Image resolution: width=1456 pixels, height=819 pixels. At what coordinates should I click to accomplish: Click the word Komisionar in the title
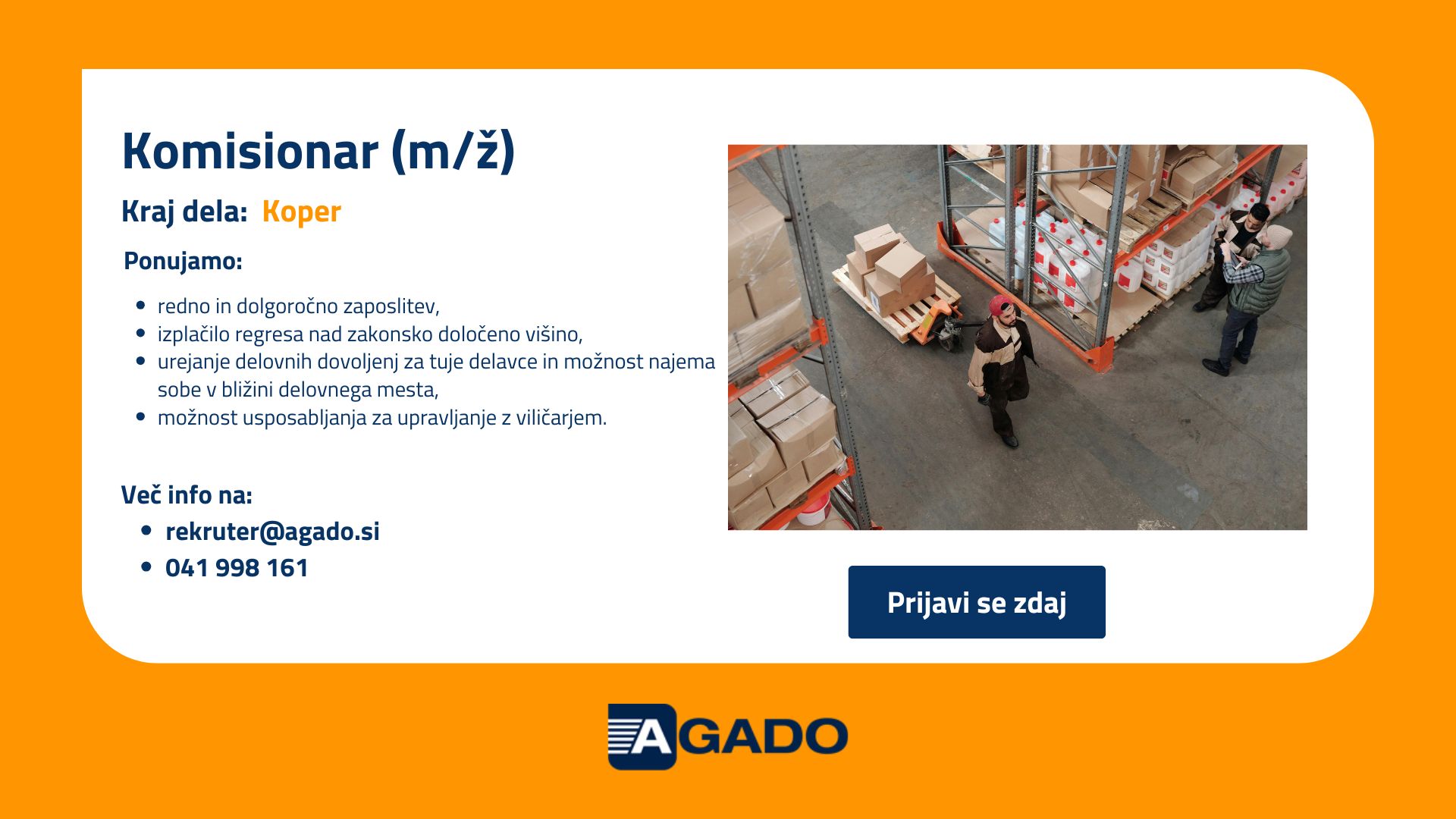point(249,151)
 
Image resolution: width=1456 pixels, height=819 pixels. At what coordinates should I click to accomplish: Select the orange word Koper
point(301,212)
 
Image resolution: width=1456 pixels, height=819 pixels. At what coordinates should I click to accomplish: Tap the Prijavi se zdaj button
point(977,602)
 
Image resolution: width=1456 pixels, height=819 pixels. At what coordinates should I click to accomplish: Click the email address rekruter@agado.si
point(272,531)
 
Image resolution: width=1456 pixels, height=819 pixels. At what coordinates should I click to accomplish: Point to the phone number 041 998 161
point(237,568)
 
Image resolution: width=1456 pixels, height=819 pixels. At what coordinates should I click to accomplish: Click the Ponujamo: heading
point(183,261)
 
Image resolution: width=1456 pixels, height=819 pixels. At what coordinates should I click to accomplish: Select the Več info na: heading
point(187,494)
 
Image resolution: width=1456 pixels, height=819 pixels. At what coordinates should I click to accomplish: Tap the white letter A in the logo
point(651,736)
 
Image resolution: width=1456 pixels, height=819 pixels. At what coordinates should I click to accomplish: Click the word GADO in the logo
point(761,736)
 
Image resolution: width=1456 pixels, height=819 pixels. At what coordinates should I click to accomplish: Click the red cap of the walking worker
point(1000,306)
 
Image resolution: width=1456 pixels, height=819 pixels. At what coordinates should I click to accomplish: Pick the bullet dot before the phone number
point(146,568)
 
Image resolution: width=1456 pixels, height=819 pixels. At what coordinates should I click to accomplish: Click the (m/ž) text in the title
point(453,151)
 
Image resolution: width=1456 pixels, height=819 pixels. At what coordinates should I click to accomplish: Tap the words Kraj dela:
point(184,212)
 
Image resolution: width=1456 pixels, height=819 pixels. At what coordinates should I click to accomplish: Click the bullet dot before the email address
point(146,531)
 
